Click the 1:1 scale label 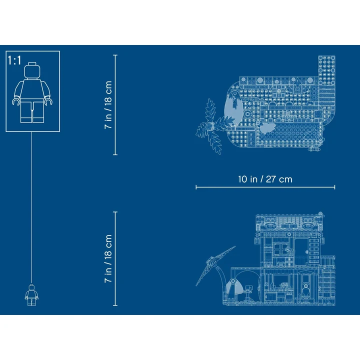pos(14,60)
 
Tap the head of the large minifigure pos(32,70)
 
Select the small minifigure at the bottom pos(31,295)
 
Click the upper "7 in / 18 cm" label pos(108,105)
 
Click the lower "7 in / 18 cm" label pos(108,258)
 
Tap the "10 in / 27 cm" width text pos(265,179)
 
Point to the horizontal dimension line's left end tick pos(196,187)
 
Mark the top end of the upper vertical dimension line pos(115,55)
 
